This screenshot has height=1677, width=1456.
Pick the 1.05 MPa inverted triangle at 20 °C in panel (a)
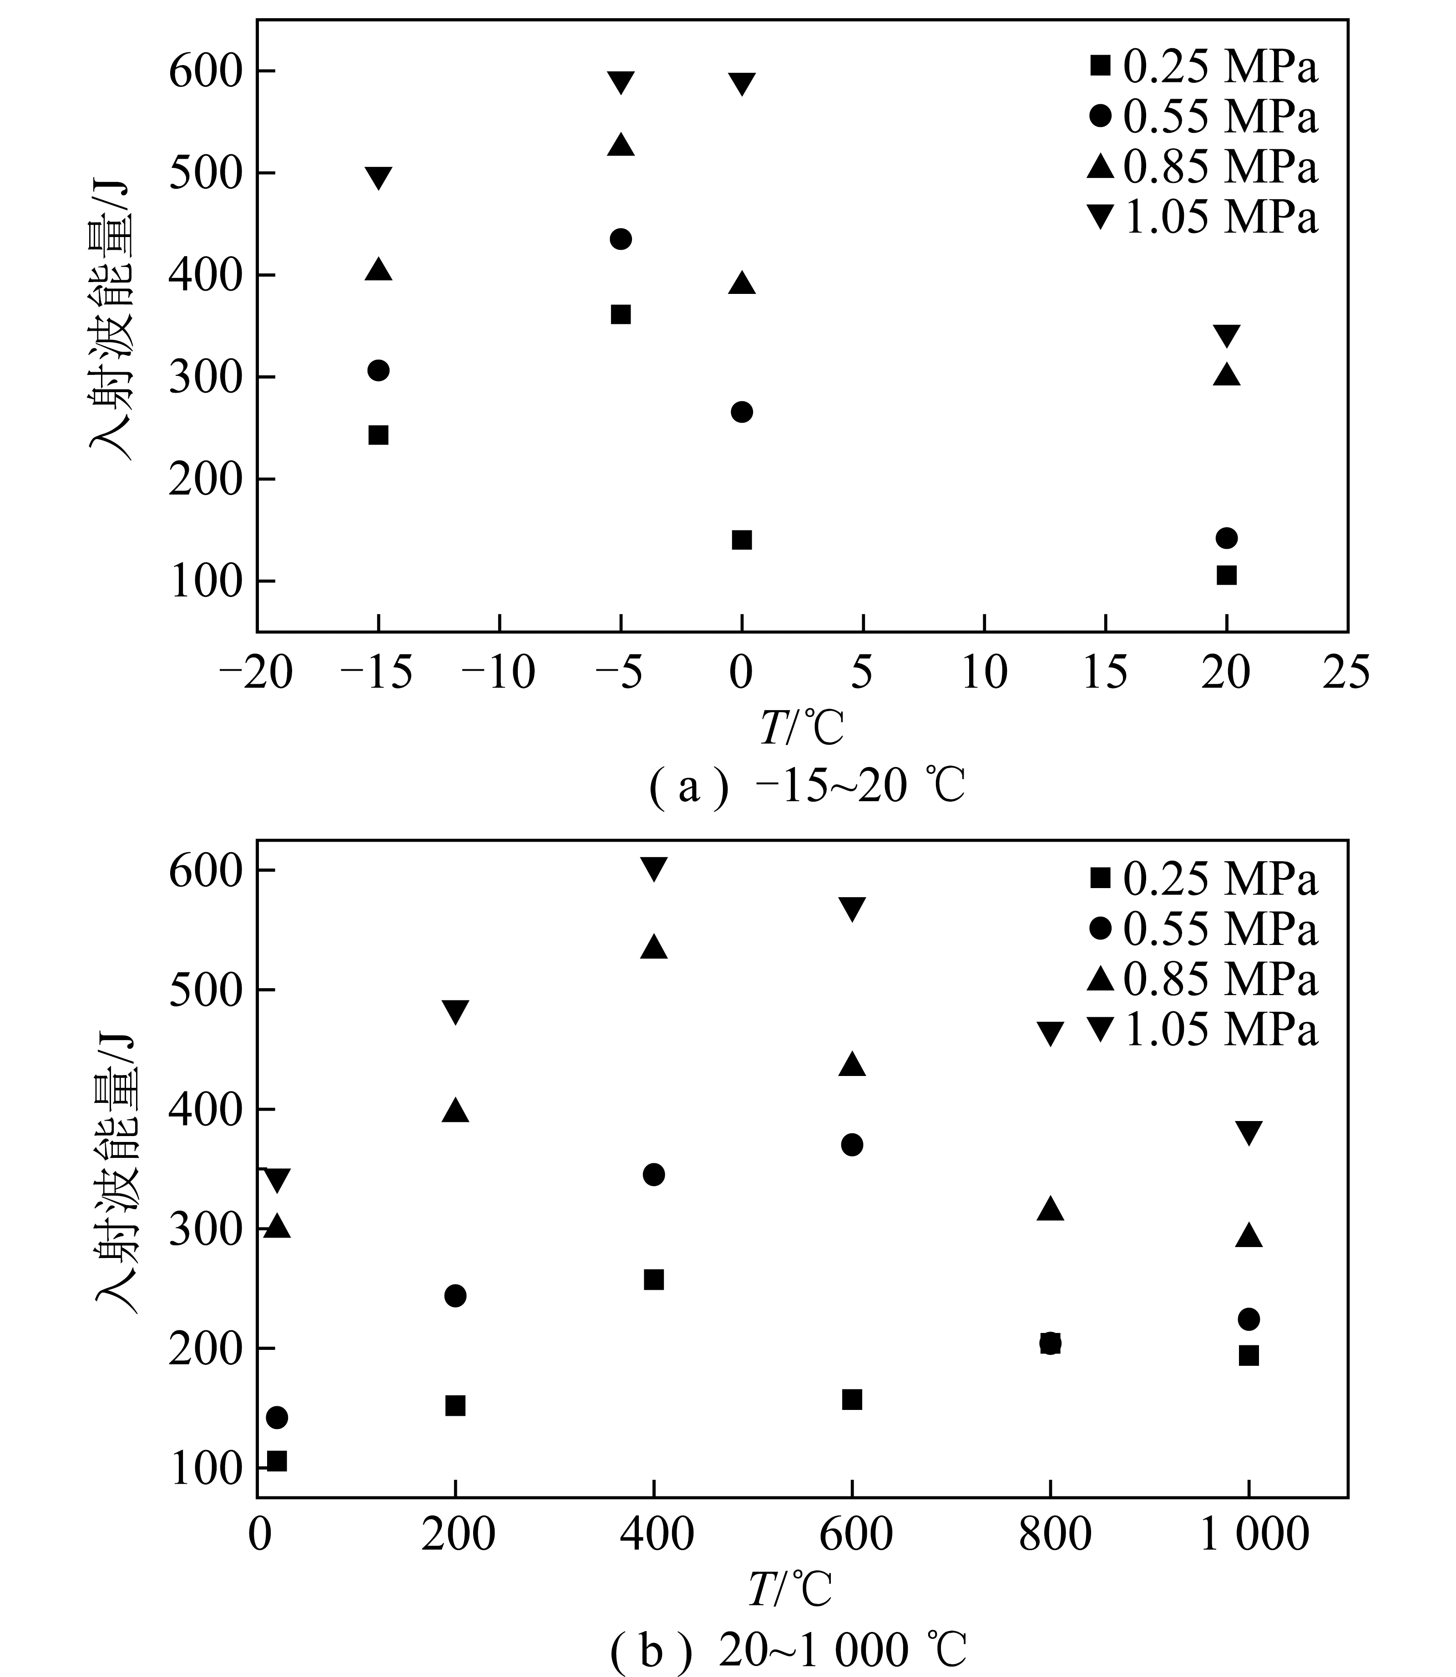(x=1227, y=335)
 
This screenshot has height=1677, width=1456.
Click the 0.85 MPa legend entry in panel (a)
(x=1203, y=167)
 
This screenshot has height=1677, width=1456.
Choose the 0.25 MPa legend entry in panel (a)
(x=1203, y=66)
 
